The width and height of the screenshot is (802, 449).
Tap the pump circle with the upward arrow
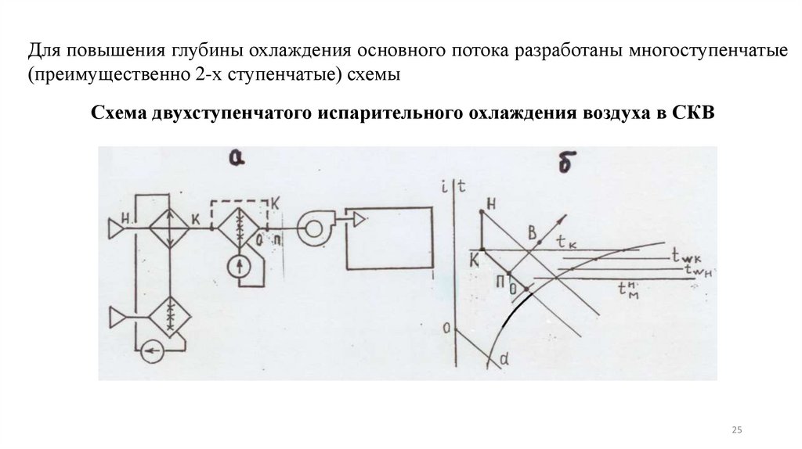pyautogui.click(x=240, y=266)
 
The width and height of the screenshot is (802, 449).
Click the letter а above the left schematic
pyautogui.click(x=235, y=159)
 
